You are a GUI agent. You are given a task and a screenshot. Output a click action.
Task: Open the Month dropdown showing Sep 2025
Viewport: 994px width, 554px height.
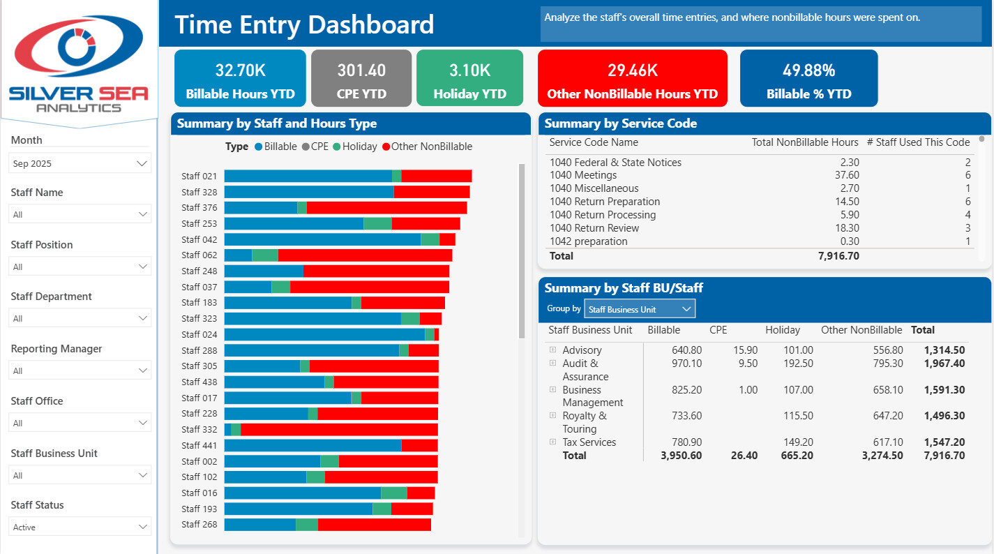[80, 163]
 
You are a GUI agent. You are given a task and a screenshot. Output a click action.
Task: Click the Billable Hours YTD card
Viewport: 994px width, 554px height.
[240, 78]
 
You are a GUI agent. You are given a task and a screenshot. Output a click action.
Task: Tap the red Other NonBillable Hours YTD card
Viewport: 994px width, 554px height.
[633, 78]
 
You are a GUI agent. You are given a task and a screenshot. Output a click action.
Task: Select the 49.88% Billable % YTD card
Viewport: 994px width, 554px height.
[808, 78]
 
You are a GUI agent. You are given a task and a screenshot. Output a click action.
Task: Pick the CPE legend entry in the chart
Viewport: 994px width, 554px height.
[315, 147]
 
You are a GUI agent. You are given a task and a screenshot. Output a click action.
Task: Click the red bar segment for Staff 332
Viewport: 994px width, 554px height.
[339, 430]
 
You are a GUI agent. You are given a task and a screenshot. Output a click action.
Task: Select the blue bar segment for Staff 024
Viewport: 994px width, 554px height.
[324, 334]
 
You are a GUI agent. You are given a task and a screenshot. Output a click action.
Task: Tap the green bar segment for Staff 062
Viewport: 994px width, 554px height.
[265, 255]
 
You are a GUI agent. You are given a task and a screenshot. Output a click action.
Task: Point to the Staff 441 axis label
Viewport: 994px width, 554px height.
[199, 445]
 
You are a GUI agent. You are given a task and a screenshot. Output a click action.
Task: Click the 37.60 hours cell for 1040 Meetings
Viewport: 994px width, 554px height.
[847, 175]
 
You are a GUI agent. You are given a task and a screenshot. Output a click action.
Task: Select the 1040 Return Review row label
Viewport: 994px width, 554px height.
[594, 227]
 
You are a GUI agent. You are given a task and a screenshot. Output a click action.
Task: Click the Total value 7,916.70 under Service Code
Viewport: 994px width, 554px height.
[838, 255]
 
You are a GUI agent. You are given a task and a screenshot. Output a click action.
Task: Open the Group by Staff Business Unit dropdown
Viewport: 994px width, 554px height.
[640, 309]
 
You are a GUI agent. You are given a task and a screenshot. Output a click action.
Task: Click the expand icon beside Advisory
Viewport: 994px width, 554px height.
[552, 350]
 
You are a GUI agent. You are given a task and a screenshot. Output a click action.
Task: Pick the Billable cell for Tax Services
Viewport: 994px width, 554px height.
[686, 442]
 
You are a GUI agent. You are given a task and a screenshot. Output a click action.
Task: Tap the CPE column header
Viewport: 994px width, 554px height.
[718, 330]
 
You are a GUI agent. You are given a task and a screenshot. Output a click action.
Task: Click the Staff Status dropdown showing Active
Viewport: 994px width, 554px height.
[80, 527]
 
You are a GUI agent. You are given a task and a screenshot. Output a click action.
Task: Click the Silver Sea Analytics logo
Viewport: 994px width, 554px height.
[79, 63]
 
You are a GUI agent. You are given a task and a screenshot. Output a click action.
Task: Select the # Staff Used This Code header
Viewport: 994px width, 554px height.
[918, 142]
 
